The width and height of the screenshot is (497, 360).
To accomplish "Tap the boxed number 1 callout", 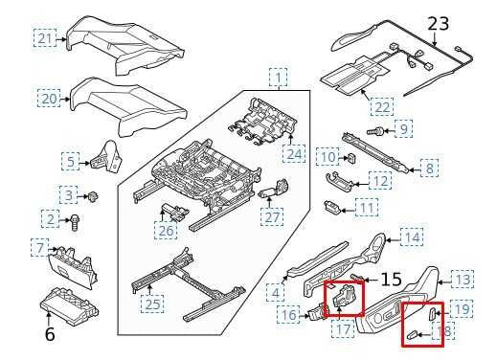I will tap(278, 77).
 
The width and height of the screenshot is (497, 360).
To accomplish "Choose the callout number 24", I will tap(293, 152).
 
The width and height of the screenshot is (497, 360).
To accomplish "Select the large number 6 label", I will tap(50, 335).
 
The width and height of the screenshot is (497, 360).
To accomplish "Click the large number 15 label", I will tap(391, 280).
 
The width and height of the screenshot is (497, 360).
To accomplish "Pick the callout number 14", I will tap(411, 236).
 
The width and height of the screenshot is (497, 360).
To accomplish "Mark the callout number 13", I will tap(463, 280).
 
